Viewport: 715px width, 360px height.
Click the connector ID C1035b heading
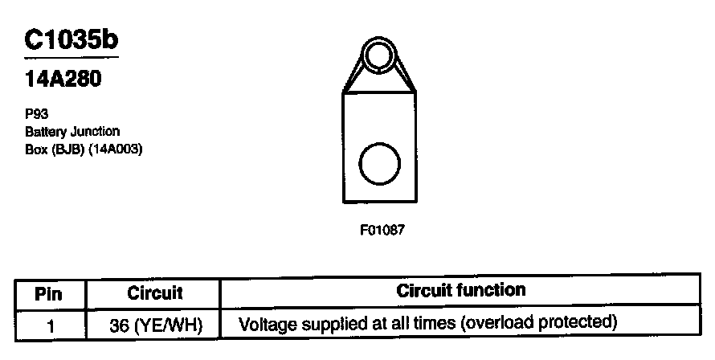click(71, 40)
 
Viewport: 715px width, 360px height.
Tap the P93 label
click(37, 114)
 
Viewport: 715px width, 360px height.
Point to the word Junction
click(96, 131)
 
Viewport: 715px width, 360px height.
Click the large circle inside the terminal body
click(378, 165)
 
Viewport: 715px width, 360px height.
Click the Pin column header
click(48, 293)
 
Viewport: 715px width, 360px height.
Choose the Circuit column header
click(155, 293)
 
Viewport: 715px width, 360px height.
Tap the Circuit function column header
click(461, 290)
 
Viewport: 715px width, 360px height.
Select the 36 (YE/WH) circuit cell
click(156, 325)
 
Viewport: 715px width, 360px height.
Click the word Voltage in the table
click(268, 324)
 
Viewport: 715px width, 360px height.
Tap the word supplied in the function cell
click(333, 324)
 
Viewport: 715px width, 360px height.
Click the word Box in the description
click(35, 148)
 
